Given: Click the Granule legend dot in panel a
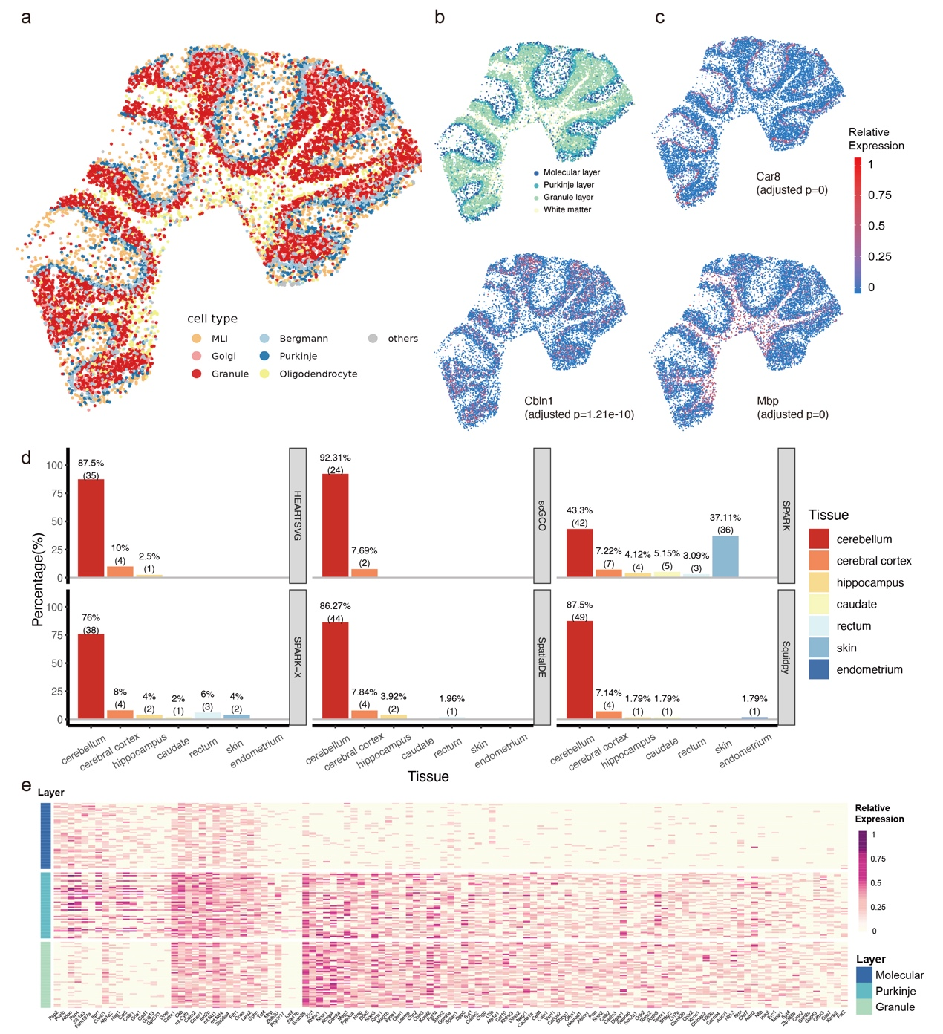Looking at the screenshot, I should coord(197,374).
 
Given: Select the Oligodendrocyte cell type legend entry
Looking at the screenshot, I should coord(318,374).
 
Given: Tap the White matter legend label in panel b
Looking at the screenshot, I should coord(567,209).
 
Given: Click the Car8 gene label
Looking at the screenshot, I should coord(768,177).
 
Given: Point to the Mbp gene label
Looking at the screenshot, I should coord(768,401).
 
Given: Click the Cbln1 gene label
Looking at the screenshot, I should coord(540,401).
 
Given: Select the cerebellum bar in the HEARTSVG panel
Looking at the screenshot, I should coord(91,528).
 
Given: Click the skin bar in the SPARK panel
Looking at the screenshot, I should coord(725,556).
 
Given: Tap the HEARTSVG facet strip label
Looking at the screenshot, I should coord(298,515).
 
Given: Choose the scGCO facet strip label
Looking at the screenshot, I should coord(542,515).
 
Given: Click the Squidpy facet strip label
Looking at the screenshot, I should coord(786,657).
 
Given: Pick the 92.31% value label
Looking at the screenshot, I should coord(335,458).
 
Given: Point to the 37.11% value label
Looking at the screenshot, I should coord(725,518).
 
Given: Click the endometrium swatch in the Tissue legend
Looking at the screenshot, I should coord(819,669).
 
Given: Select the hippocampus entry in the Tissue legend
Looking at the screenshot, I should coord(869,582).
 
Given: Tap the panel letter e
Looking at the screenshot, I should coord(27,786).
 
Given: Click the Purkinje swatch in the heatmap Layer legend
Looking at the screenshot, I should coord(864,991).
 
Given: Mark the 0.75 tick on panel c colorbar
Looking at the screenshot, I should coord(879,195).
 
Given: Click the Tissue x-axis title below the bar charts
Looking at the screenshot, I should coord(428,776).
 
